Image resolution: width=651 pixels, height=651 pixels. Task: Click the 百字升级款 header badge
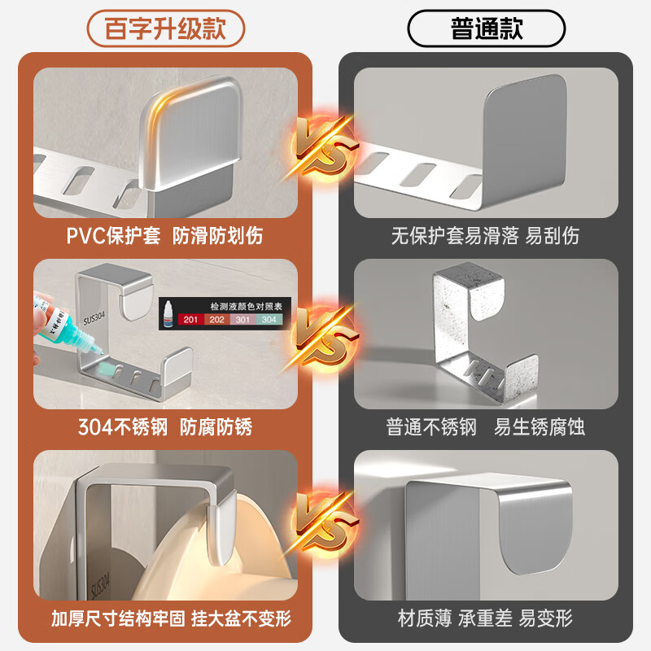pos(164,29)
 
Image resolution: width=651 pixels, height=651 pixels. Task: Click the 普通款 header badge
pos(487,29)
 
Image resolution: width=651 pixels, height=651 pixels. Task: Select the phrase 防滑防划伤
pos(217,237)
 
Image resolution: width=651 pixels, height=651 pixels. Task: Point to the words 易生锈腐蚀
pos(539,427)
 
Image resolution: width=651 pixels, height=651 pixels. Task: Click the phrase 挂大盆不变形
pos(240,618)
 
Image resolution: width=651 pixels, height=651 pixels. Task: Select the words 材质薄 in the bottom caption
pos(424,618)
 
